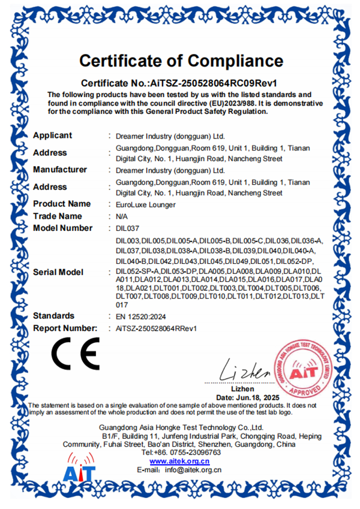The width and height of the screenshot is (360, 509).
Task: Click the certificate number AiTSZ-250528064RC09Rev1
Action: tap(207, 82)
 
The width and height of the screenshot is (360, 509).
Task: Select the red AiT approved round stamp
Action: tap(304, 371)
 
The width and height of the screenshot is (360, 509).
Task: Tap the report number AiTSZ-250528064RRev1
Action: tap(156, 329)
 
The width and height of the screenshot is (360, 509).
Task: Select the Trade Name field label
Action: tap(58, 216)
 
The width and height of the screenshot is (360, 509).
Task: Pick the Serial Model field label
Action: tap(58, 272)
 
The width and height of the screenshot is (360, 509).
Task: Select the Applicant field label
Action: tap(52, 135)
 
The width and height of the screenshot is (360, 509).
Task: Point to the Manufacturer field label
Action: tap(60, 170)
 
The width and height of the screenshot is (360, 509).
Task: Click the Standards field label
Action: tap(54, 315)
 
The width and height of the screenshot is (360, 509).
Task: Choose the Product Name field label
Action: tap(62, 204)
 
